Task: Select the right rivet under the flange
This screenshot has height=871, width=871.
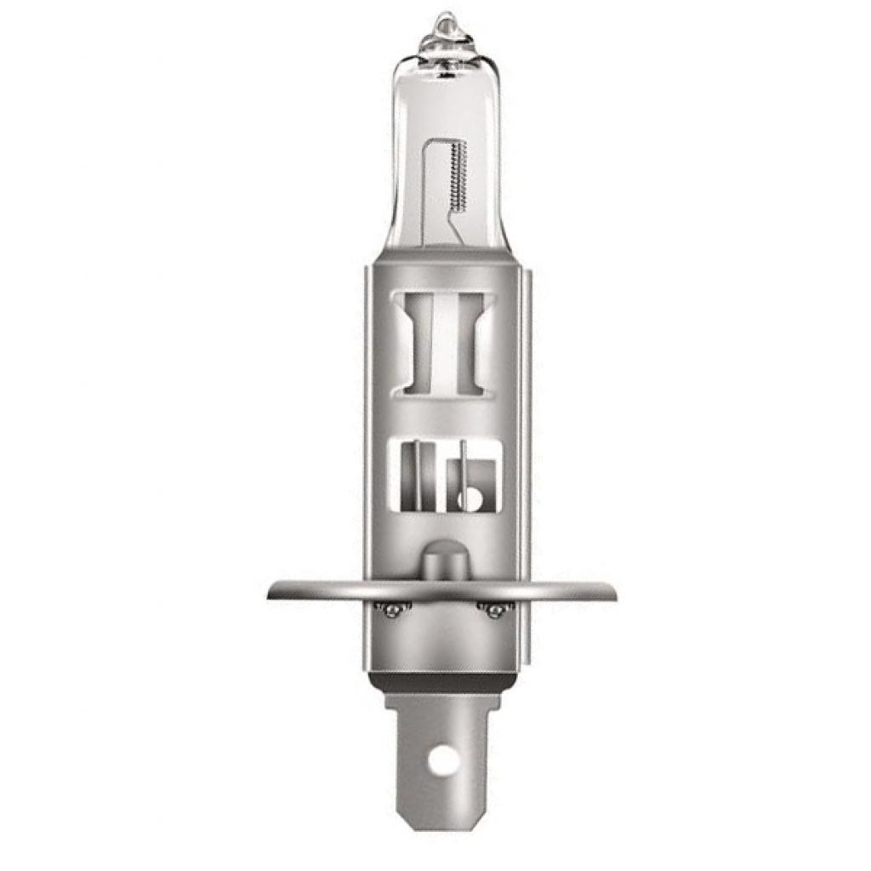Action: (x=492, y=608)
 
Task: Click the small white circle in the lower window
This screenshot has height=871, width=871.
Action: (x=466, y=498)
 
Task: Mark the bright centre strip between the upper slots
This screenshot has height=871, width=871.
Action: (x=446, y=340)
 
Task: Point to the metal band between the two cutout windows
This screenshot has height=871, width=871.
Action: (x=442, y=418)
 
